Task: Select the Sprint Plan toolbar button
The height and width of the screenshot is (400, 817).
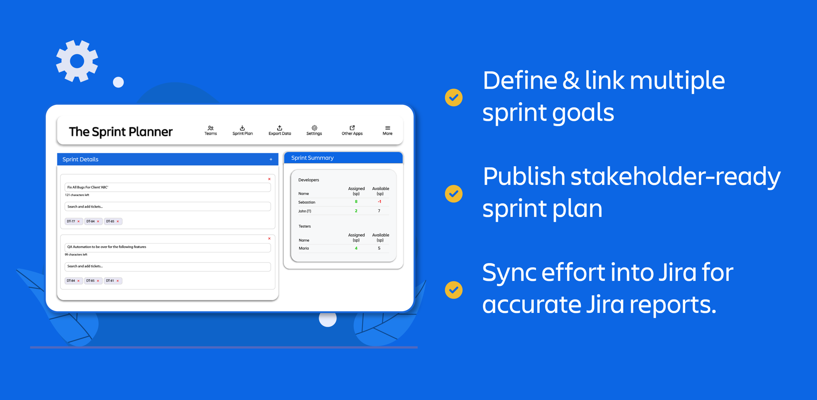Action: pyautogui.click(x=242, y=131)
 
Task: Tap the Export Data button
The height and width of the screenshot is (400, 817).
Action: pyautogui.click(x=280, y=131)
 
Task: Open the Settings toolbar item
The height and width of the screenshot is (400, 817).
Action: pyautogui.click(x=314, y=131)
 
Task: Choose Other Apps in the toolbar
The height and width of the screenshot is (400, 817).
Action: pyautogui.click(x=352, y=131)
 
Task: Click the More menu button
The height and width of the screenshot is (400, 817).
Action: pyautogui.click(x=388, y=131)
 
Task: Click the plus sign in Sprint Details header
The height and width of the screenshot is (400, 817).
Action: pyautogui.click(x=271, y=160)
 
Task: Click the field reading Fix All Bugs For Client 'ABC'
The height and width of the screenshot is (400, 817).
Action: pyautogui.click(x=167, y=187)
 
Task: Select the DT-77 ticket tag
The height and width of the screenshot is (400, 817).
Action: pyautogui.click(x=74, y=221)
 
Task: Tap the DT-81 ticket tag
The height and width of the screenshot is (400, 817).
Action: pyautogui.click(x=113, y=281)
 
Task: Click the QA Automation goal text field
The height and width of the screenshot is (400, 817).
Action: pyautogui.click(x=167, y=247)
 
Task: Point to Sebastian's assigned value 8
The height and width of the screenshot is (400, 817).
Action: pyautogui.click(x=356, y=202)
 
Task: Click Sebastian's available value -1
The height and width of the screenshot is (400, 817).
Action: pyautogui.click(x=379, y=202)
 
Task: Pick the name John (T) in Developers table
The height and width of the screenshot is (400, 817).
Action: pyautogui.click(x=305, y=211)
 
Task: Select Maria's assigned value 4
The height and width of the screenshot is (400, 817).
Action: pyautogui.click(x=356, y=248)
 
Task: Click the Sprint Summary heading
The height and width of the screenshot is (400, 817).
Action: pyautogui.click(x=312, y=158)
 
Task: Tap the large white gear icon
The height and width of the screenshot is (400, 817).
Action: pyautogui.click(x=77, y=61)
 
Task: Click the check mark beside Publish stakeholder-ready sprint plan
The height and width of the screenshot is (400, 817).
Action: pyautogui.click(x=454, y=194)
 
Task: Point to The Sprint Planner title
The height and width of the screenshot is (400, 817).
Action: pyautogui.click(x=120, y=132)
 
